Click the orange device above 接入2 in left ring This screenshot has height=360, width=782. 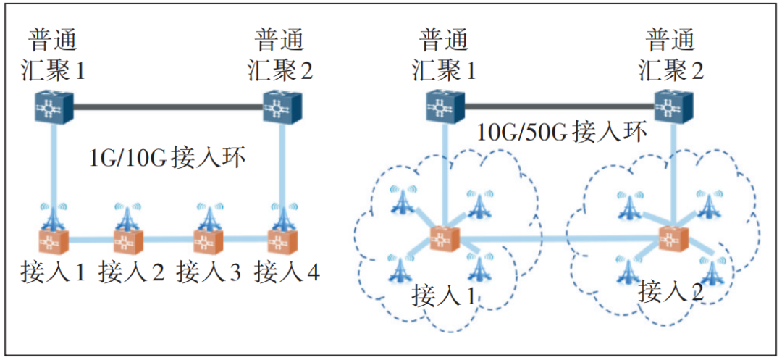click(x=128, y=239)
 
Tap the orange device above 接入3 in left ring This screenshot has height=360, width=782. click(x=208, y=239)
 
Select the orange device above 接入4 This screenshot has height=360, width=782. click(x=279, y=239)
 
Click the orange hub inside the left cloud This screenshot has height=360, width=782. click(x=444, y=239)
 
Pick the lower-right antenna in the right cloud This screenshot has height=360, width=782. click(x=713, y=270)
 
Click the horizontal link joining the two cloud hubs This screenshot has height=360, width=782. click(x=558, y=239)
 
